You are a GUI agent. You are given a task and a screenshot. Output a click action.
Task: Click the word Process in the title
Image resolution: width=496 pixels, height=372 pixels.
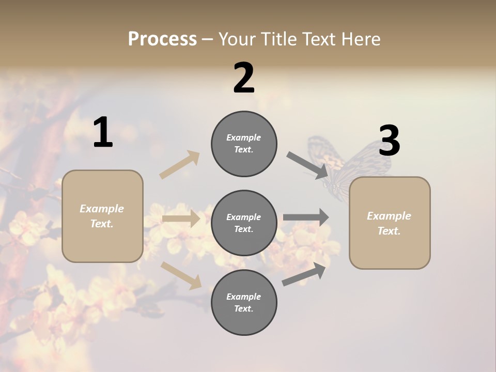pyautogui.click(x=162, y=39)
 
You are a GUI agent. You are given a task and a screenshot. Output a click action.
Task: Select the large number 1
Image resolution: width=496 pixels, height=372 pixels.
pyautogui.click(x=103, y=133)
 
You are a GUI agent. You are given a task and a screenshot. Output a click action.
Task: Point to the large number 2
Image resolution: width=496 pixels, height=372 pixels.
pyautogui.click(x=244, y=78)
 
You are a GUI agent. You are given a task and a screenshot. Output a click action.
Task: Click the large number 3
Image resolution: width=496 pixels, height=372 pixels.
pyautogui.click(x=389, y=141)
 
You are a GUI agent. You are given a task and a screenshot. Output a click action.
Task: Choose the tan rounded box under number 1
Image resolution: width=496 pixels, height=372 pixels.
pyautogui.click(x=102, y=216)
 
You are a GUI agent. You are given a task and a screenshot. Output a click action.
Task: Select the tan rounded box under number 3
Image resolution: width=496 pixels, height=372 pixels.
pyautogui.click(x=390, y=223)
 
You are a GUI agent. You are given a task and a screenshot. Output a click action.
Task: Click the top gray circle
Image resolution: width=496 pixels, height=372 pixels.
pyautogui.click(x=244, y=144)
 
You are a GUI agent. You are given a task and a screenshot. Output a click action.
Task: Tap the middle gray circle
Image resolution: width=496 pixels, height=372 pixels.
pyautogui.click(x=244, y=223)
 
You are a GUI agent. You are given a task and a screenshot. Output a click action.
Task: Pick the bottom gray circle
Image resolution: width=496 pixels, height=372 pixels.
pyautogui.click(x=244, y=302)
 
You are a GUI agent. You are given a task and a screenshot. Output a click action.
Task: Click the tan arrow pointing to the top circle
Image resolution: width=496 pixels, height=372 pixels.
pyautogui.click(x=180, y=165)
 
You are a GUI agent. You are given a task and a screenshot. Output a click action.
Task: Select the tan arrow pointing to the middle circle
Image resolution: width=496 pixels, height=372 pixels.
pyautogui.click(x=181, y=219)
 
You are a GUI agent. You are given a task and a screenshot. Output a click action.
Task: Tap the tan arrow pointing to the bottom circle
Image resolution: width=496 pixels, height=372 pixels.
pyautogui.click(x=181, y=275)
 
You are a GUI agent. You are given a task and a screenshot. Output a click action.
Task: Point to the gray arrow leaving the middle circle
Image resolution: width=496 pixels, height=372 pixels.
pyautogui.click(x=306, y=218)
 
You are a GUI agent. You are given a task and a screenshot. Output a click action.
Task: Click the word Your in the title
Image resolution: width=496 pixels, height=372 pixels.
pyautogui.click(x=237, y=39)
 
